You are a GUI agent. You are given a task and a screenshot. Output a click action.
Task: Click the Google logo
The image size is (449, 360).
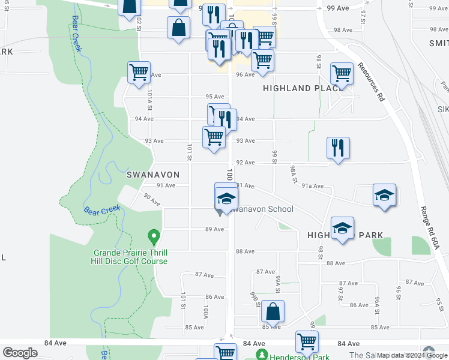pyautogui.click(x=20, y=353)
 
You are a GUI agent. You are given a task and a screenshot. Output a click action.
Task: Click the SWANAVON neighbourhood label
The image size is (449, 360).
pyautogui.click(x=153, y=175)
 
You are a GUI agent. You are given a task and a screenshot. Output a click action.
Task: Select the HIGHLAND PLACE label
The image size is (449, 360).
pyautogui.click(x=298, y=89)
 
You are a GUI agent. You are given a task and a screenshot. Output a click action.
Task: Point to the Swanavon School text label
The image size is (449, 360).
pyautogui.click(x=263, y=209)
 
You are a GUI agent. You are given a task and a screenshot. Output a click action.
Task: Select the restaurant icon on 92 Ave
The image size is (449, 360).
pyautogui.click(x=338, y=148)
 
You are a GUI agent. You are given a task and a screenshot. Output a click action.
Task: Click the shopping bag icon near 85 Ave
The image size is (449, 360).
pyautogui.click(x=273, y=311)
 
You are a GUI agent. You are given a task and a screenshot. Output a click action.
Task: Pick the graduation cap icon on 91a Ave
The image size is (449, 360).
pyautogui.click(x=384, y=195)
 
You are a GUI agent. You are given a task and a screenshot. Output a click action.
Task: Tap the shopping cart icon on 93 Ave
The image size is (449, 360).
pyautogui.click(x=214, y=137)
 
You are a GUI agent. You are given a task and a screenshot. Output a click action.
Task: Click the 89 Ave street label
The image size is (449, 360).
pyautogui.click(x=214, y=229)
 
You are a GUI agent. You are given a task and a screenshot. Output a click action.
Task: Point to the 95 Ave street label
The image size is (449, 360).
pyautogui.click(x=214, y=97)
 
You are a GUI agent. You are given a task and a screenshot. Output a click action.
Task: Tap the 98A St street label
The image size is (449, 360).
pyautogui.click(x=293, y=173)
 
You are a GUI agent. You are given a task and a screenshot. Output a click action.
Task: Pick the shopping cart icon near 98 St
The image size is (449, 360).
pyautogui.click(x=342, y=73)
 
